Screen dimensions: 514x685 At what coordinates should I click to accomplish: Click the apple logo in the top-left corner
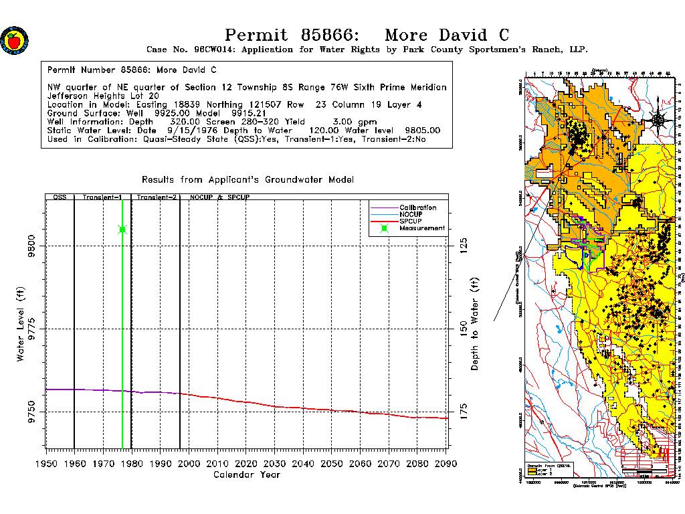coord(14,41)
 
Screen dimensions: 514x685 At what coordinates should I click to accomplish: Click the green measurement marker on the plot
coord(122,230)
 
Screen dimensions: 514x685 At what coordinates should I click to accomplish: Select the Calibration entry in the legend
coord(418,208)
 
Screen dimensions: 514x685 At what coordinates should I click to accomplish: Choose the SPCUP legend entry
coord(411,222)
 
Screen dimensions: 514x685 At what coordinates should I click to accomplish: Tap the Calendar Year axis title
coord(246,475)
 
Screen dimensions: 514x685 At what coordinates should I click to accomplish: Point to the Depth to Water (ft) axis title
coord(476,325)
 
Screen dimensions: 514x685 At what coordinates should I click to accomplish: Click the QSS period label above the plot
coord(60,198)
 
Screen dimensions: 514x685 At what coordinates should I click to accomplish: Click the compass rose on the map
coord(658,120)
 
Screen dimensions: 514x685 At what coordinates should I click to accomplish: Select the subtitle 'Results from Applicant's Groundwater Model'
coord(248,179)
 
